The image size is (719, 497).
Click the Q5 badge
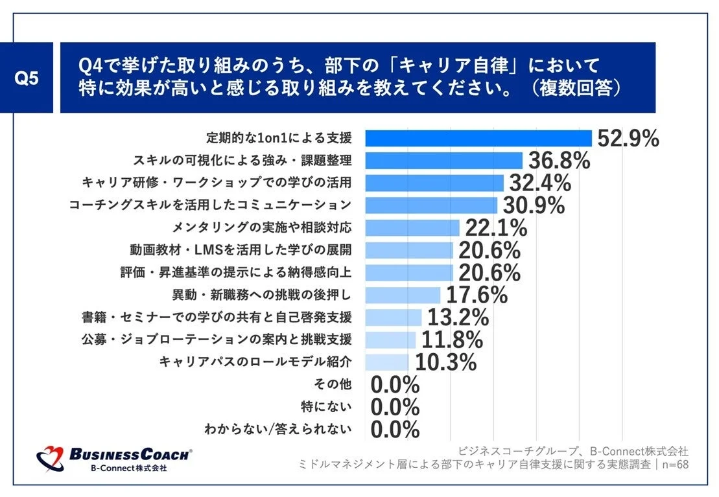pyautogui.click(x=27, y=78)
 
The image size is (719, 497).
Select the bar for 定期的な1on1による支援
pyautogui.click(x=478, y=138)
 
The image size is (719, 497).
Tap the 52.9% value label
pyautogui.click(x=628, y=138)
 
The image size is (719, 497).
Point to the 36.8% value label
pyautogui.click(x=559, y=161)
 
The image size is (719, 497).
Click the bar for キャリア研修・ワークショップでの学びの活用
pyautogui.click(x=434, y=183)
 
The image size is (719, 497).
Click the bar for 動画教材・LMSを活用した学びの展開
pyautogui.click(x=409, y=250)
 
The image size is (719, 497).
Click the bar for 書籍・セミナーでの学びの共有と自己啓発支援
pyautogui.click(x=394, y=317)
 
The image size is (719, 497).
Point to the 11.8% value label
pyautogui.click(x=452, y=340)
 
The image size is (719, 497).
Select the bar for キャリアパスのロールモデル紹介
pyautogui.click(x=387, y=362)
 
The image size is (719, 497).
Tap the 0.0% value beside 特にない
pyautogui.click(x=395, y=407)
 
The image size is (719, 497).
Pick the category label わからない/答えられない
pyautogui.click(x=278, y=429)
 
